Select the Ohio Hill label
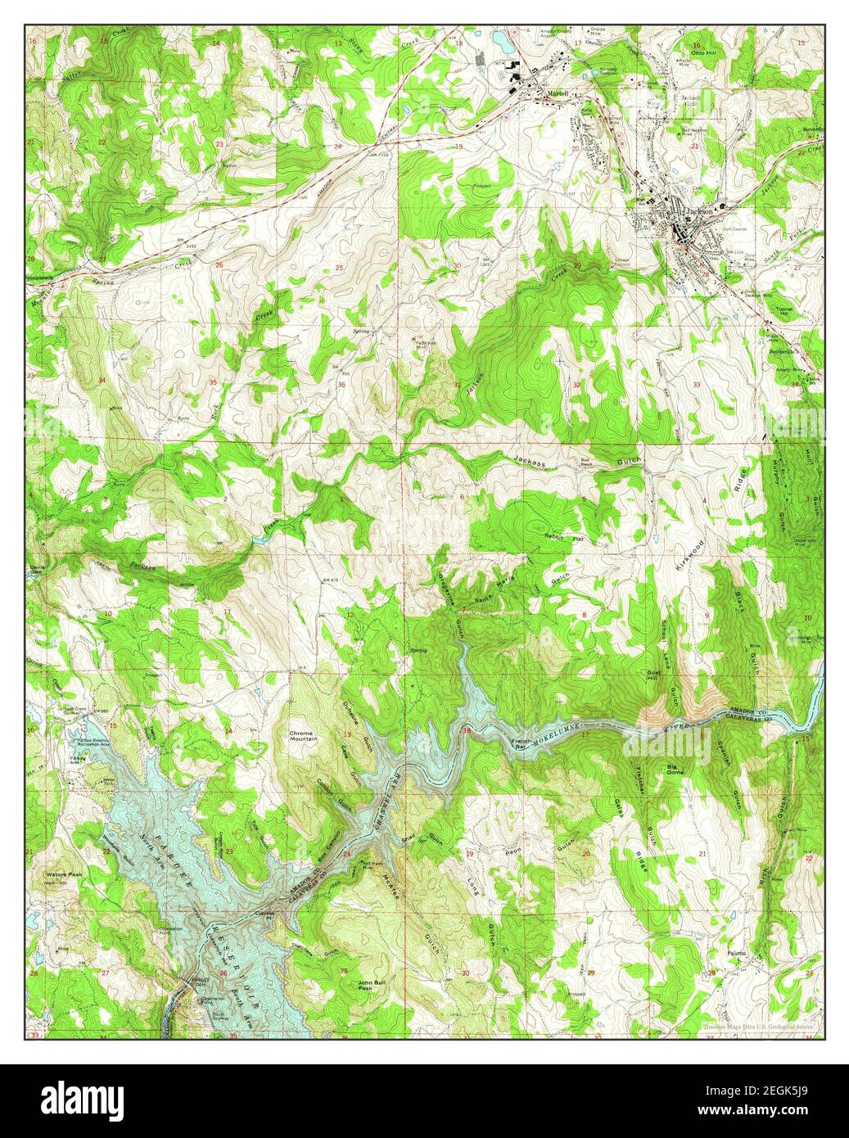coord(702,51)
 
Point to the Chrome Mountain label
coord(303,734)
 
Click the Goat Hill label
coord(653,675)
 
